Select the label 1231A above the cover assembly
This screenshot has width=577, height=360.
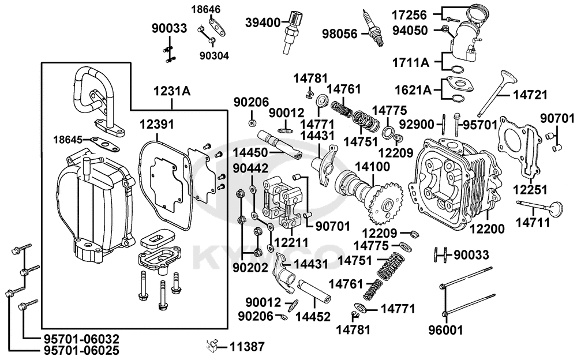pos(171,91)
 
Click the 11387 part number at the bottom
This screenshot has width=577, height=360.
pos(246,347)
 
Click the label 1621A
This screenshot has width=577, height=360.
pos(413,89)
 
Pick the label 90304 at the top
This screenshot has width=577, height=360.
pos(214,55)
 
